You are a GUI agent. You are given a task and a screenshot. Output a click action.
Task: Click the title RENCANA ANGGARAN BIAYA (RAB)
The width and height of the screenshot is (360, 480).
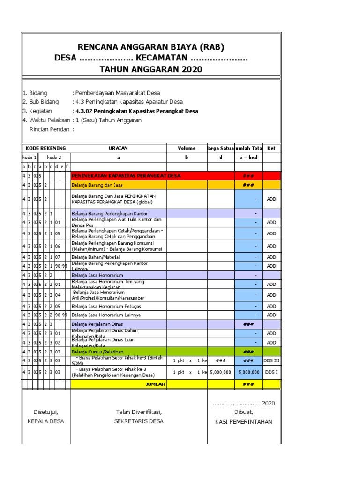(x=151, y=47)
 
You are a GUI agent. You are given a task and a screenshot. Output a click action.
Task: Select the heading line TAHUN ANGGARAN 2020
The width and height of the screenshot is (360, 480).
(x=151, y=69)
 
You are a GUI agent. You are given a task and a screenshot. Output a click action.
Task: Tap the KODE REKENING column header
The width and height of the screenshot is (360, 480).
(x=46, y=148)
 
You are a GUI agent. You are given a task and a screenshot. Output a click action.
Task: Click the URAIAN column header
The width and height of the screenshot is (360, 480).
(x=118, y=148)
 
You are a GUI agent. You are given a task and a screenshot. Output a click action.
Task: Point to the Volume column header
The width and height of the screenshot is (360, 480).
(x=187, y=148)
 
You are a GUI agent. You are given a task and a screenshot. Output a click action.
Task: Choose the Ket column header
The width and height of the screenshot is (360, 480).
(x=271, y=148)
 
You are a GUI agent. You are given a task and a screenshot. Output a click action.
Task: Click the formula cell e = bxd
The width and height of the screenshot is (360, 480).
(x=248, y=157)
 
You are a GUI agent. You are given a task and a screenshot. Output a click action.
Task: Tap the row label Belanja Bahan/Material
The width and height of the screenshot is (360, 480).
(x=96, y=257)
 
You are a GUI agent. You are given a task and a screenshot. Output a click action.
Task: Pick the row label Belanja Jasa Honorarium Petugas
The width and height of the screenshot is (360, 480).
(x=106, y=306)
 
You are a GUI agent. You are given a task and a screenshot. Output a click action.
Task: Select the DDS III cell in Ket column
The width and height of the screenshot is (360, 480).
(x=271, y=360)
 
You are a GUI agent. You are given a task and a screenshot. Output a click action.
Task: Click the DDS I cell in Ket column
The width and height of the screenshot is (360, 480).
(x=271, y=372)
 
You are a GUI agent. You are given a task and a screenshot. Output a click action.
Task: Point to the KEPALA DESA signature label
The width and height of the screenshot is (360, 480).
(x=45, y=421)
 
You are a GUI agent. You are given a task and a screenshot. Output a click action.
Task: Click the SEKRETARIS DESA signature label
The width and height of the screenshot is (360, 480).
(x=139, y=421)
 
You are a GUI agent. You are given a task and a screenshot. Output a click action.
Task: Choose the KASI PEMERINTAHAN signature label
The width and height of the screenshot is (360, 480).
(x=243, y=421)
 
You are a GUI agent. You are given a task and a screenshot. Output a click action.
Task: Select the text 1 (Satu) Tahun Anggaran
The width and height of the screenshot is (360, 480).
(x=105, y=120)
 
